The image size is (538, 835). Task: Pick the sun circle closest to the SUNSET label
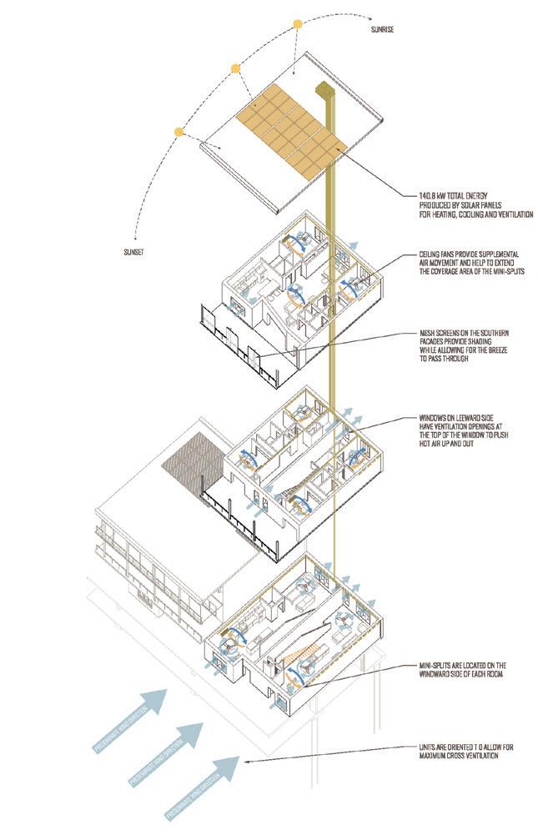click(178, 131)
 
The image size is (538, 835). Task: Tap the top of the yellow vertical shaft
click(324, 88)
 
